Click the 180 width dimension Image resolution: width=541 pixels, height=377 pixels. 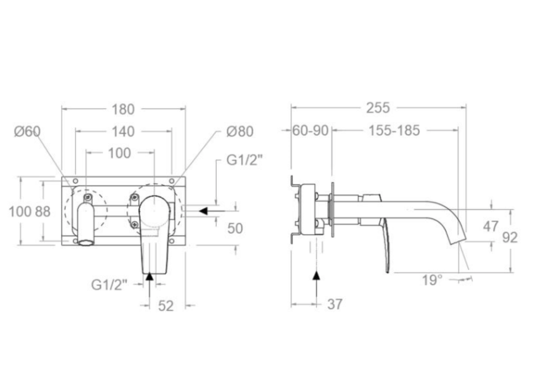click(x=123, y=109)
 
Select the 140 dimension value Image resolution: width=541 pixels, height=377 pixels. click(x=123, y=131)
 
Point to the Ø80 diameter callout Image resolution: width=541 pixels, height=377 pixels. click(x=240, y=131)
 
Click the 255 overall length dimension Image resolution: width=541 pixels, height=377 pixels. click(x=378, y=108)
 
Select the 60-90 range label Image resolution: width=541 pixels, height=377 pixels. click(x=311, y=131)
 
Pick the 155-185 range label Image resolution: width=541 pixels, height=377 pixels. click(x=394, y=131)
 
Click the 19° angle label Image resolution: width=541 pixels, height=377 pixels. click(x=432, y=280)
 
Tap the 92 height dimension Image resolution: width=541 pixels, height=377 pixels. click(x=510, y=237)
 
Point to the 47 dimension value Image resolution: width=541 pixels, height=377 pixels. click(x=491, y=227)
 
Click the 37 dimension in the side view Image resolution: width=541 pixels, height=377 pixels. click(x=335, y=304)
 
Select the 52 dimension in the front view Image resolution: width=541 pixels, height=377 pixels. click(x=166, y=306)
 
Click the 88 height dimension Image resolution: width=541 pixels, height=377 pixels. click(x=43, y=211)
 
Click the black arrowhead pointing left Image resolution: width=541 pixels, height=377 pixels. click(x=204, y=211)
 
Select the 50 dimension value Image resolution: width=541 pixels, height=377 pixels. click(x=235, y=228)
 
